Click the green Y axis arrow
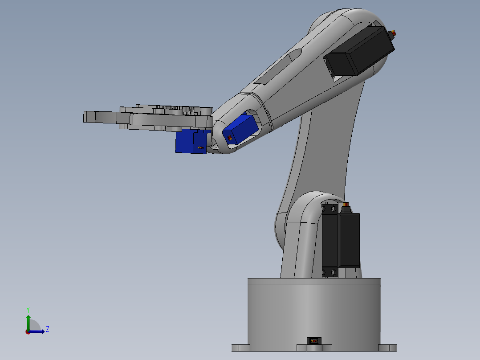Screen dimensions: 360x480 pyautogui.click(x=28, y=321)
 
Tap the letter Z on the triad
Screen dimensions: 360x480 pyautogui.click(x=48, y=329)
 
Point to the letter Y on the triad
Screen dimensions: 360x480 pyautogui.click(x=28, y=309)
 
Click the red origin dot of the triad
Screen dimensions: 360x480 pyautogui.click(x=28, y=331)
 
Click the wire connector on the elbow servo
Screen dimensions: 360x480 pyautogui.click(x=393, y=33)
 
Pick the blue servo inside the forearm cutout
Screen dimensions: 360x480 pyautogui.click(x=241, y=129)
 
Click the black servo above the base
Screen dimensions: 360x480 pyautogui.click(x=341, y=240)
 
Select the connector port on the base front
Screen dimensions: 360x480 pyautogui.click(x=313, y=341)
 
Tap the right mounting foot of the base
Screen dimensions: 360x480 pyautogui.click(x=387, y=348)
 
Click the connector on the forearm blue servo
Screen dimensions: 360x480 pyautogui.click(x=229, y=138)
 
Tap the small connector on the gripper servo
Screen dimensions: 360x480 pyautogui.click(x=200, y=147)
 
